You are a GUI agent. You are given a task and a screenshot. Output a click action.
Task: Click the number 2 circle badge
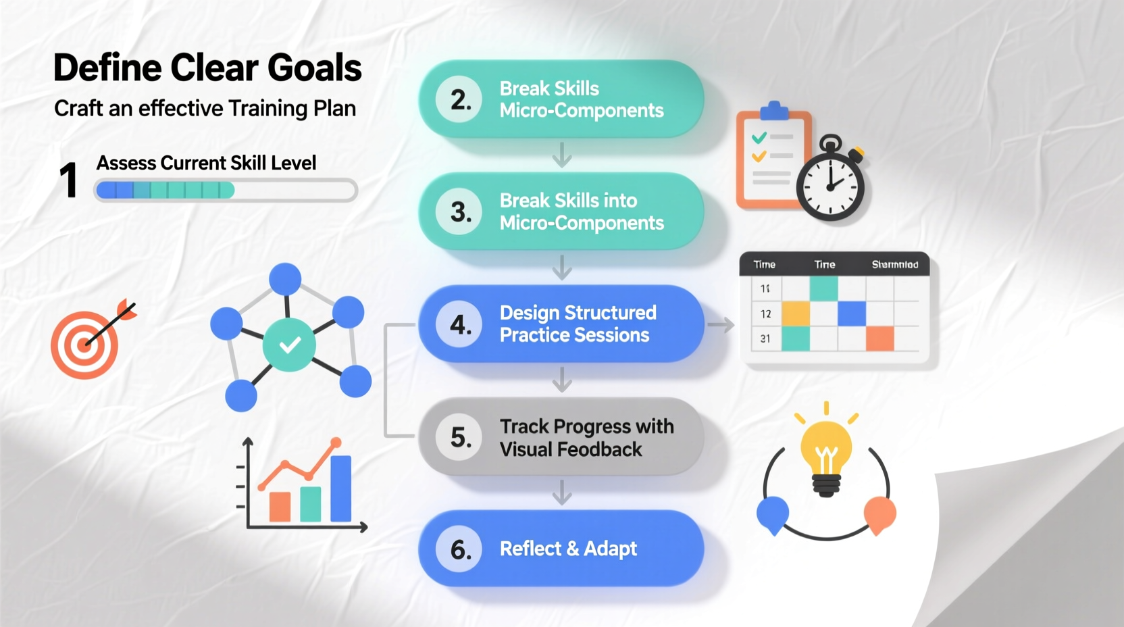click(459, 99)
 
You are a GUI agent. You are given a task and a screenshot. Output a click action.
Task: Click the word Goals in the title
click(314, 68)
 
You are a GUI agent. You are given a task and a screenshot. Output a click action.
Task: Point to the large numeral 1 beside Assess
click(68, 180)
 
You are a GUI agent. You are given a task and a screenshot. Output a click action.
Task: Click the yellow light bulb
click(825, 449)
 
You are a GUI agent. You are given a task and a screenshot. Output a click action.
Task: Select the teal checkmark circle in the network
click(289, 345)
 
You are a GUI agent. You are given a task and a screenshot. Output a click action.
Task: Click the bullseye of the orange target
click(84, 345)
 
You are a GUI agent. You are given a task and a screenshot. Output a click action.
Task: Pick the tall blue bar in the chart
click(340, 488)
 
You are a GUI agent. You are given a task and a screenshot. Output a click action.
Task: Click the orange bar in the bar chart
click(280, 506)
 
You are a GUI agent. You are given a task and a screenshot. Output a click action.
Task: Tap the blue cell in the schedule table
click(851, 313)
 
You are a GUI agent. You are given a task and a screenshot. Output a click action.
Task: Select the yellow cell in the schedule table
click(796, 313)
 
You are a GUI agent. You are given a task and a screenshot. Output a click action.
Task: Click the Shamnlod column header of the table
click(894, 264)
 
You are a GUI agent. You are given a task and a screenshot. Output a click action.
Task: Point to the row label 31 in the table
click(765, 338)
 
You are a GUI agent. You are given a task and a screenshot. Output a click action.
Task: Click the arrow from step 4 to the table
click(720, 325)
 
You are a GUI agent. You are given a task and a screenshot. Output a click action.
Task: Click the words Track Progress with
click(586, 426)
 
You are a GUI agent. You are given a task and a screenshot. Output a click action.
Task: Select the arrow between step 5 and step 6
click(562, 492)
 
